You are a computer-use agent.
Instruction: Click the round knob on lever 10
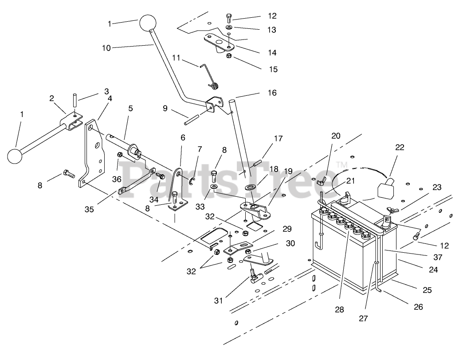(x=147, y=23)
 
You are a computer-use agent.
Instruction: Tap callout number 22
(x=400, y=147)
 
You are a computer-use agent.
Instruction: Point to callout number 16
(x=272, y=93)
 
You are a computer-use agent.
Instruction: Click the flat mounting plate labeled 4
(x=92, y=153)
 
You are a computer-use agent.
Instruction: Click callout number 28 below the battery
(x=339, y=309)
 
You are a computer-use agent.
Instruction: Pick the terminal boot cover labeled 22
(x=386, y=187)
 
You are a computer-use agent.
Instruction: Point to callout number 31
(x=218, y=301)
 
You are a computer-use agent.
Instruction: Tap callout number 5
(x=130, y=108)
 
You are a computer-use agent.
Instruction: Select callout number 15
(x=273, y=69)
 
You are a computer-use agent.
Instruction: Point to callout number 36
(x=117, y=179)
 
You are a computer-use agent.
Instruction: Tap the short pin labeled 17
(x=257, y=164)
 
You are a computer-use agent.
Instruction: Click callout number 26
(x=419, y=307)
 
